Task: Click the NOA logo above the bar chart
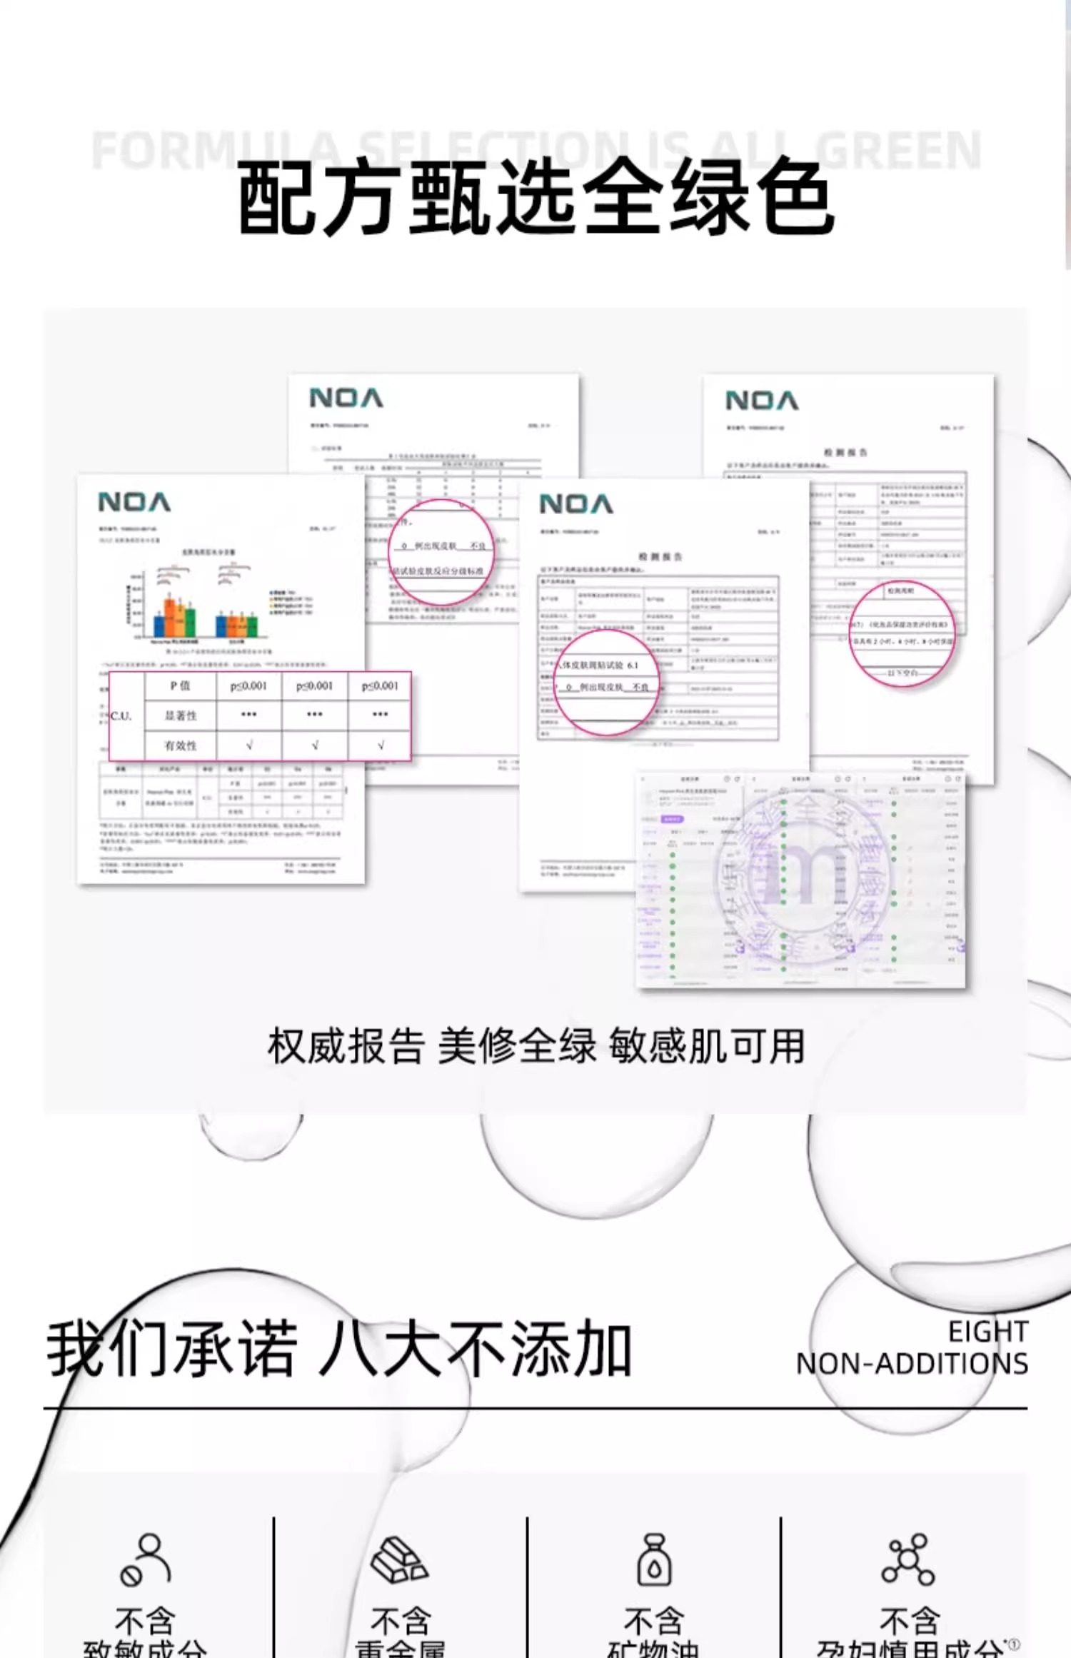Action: [134, 502]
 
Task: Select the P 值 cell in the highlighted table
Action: [180, 685]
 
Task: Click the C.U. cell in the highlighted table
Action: [121, 715]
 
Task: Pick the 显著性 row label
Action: [180, 715]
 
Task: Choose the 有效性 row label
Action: [180, 745]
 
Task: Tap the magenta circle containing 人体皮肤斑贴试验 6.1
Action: [605, 682]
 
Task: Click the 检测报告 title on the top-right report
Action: [845, 452]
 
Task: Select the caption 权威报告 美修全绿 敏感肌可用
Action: [535, 1046]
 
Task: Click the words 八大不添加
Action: [475, 1348]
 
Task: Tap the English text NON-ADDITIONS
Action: [912, 1363]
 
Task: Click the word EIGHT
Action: [987, 1331]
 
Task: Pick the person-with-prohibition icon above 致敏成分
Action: [145, 1560]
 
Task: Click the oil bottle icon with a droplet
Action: [654, 1560]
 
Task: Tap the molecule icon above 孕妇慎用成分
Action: [907, 1560]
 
